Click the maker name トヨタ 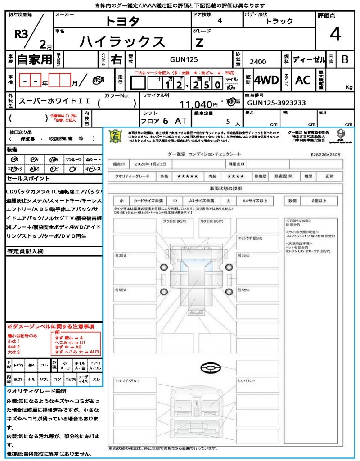pos(122,21)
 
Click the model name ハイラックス pos(122,41)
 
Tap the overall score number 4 pos(335,34)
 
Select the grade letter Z pos(199,42)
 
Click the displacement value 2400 pos(257,62)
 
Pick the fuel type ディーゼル pos(309,59)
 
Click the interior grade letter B pos(345,59)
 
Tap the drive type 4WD pos(266,80)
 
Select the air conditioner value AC pos(303,80)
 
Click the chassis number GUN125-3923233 pos(276,103)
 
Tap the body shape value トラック pos(279,21)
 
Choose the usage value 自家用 pos(35,59)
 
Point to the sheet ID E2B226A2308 pos(325,154)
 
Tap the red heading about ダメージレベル pos(50,325)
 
